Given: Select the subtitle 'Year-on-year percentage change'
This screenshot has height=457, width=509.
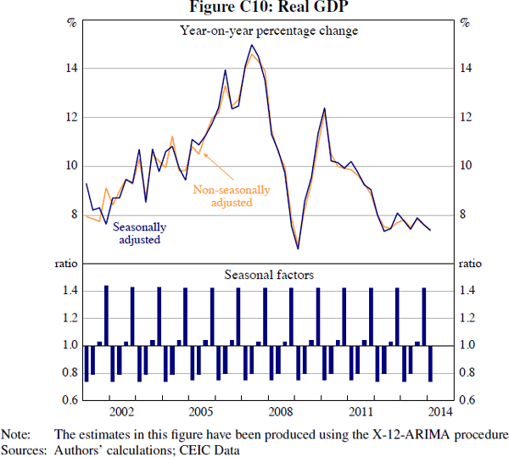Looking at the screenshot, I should pos(269,31).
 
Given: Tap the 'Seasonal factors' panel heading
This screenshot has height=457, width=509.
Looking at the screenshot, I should pos(269,275).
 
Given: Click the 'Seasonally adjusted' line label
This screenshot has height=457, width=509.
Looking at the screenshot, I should pos(139,233).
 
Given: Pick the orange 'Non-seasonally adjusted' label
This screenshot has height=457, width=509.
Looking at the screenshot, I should pos(231,197).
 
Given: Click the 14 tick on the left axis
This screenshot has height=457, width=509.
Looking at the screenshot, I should pos(71,69).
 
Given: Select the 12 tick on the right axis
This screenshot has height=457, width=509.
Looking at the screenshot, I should pos(465,117).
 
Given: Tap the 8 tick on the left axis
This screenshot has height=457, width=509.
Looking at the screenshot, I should pos(74,215).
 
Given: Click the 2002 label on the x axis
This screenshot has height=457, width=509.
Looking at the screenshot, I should pos(121,413).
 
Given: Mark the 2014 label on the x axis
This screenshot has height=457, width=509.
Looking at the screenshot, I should pos(439,413).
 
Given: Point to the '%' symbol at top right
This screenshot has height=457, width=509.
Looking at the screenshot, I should pos(465,22).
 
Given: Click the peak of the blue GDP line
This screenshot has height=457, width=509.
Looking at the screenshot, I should pos(252,45).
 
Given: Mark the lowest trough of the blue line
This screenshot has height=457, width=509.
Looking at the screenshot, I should pos(298,248).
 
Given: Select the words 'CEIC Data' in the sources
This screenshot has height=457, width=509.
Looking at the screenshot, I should pos(216,449).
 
